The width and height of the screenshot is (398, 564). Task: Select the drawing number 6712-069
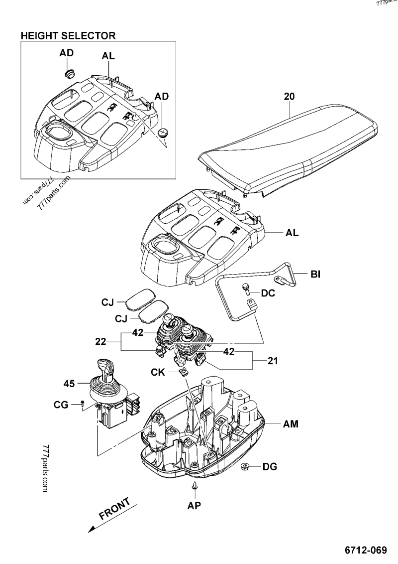[365, 551]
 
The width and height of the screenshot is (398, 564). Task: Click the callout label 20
[290, 97]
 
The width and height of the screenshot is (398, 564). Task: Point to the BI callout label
[315, 275]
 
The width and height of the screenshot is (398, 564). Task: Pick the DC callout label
[268, 294]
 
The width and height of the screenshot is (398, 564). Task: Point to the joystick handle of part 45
[105, 371]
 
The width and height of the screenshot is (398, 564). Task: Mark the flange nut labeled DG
[244, 467]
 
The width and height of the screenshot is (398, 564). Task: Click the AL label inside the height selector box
[108, 57]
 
